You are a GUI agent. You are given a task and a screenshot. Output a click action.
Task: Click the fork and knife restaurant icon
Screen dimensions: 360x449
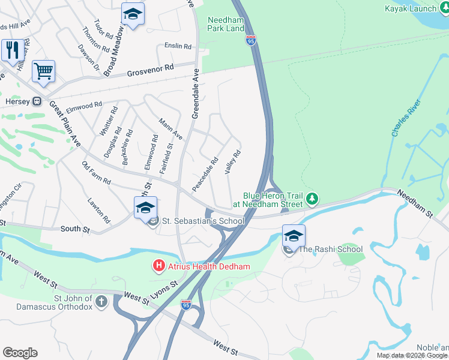pos(12,50)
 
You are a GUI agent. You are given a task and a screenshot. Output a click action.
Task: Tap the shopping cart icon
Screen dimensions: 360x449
pos(43,71)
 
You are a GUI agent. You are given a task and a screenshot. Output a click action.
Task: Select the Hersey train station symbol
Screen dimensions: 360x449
pos(37,101)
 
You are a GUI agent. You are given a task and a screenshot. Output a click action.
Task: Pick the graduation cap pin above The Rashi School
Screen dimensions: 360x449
pos(294,235)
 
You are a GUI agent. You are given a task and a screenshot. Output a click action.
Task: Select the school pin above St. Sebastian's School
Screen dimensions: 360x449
pos(145,208)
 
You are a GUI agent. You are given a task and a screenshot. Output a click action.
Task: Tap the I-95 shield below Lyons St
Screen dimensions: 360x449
pos(187,305)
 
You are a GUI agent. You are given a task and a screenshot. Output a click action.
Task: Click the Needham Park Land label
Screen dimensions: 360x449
pos(226,24)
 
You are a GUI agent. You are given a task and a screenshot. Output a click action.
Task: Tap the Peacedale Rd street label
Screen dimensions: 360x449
pos(205,175)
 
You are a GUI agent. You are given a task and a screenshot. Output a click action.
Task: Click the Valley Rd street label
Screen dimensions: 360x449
pos(233,162)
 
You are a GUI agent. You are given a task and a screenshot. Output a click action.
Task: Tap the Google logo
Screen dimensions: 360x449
pos(20,352)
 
